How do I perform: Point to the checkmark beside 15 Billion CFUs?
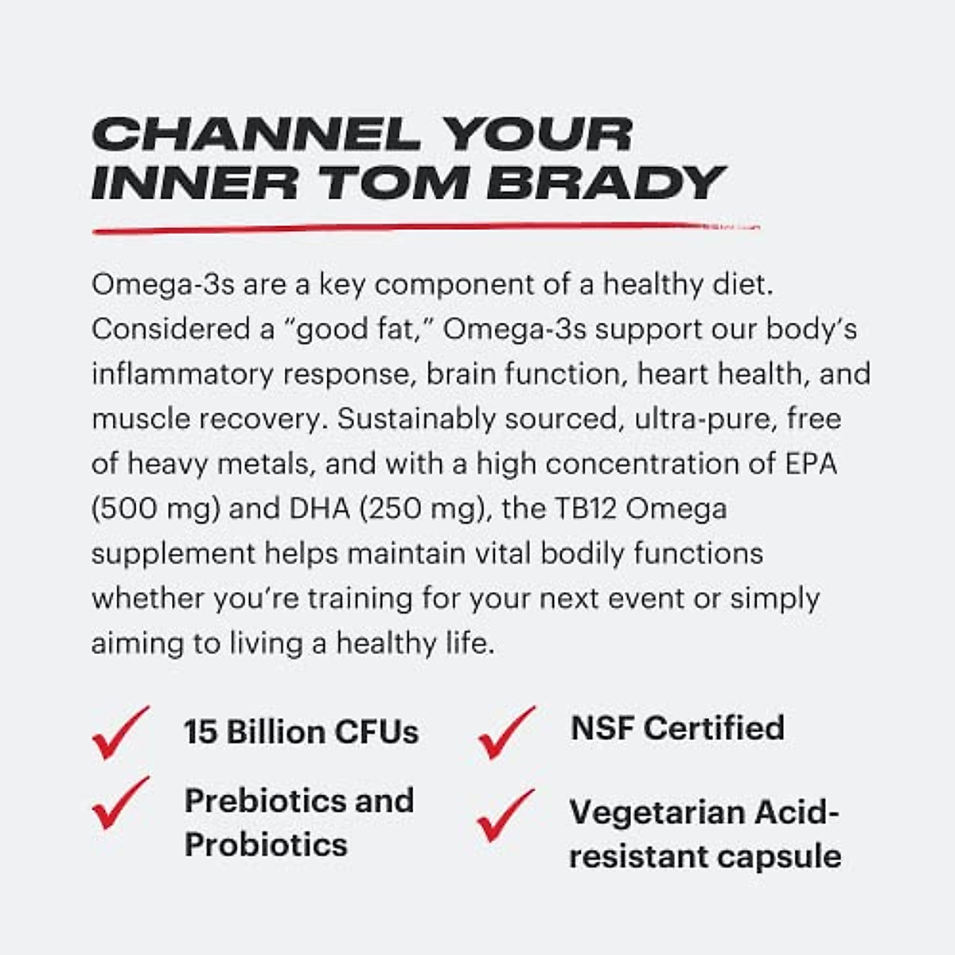pyautogui.click(x=120, y=731)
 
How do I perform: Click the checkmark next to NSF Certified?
pyautogui.click(x=506, y=731)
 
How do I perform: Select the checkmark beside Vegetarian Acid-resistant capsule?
pyautogui.click(x=506, y=816)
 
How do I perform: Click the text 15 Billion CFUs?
pyautogui.click(x=301, y=732)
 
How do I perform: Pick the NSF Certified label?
pyautogui.click(x=677, y=728)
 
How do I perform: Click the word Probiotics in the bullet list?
pyautogui.click(x=266, y=844)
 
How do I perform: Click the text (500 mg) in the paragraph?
pyautogui.click(x=155, y=509)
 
